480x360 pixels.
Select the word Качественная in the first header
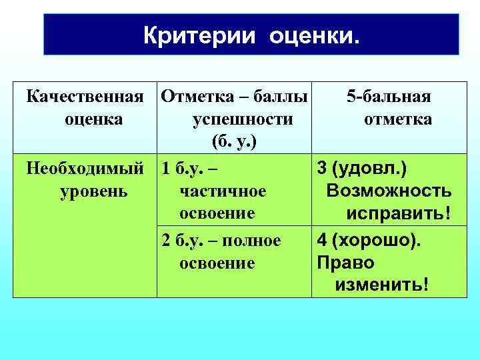point(85,97)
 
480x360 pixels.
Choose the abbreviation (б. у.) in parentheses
point(233,141)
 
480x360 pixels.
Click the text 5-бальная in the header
point(389,97)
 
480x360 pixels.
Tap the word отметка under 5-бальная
point(397,119)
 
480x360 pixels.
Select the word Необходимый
point(85,169)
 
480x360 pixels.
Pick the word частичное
point(223,191)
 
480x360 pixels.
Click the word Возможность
point(389,191)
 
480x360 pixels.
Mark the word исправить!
point(397,214)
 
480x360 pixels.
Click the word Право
point(346,262)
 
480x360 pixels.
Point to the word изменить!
point(382,285)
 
